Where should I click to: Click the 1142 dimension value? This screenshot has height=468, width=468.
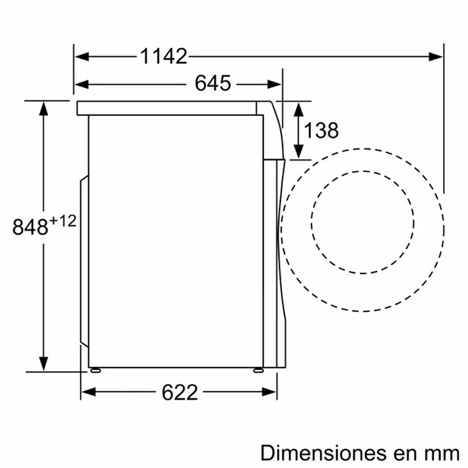tap(163, 57)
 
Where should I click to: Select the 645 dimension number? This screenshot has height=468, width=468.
tap(212, 83)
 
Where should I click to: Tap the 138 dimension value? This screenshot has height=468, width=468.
tap(321, 131)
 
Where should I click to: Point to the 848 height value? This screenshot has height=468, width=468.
tap(30, 227)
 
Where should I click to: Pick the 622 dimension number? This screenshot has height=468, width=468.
tap(180, 392)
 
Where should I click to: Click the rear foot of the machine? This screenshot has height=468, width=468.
tap(95, 370)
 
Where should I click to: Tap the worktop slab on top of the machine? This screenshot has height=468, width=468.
tap(166, 108)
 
